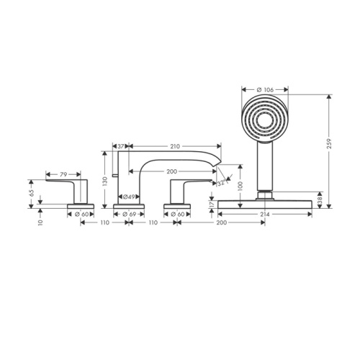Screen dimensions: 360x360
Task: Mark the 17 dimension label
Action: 210,205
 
